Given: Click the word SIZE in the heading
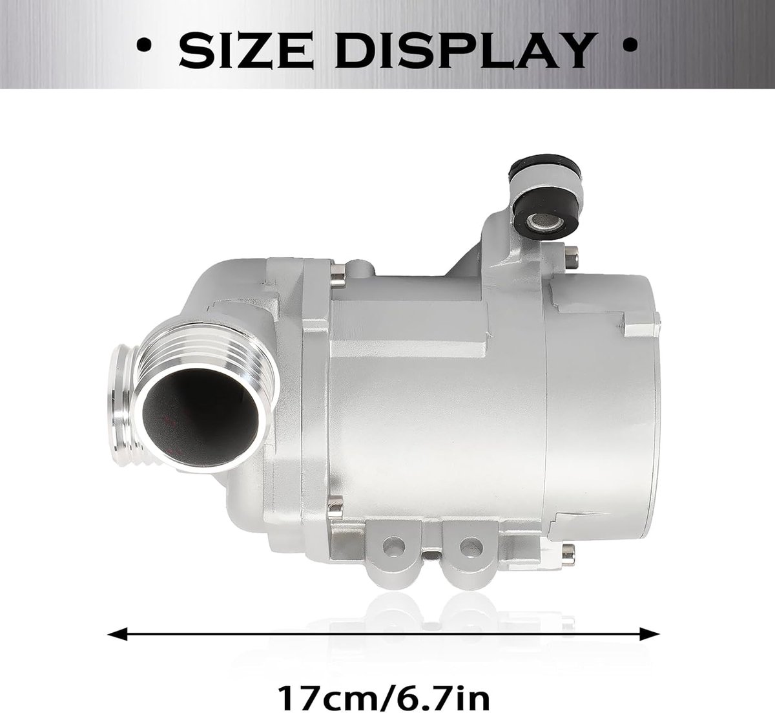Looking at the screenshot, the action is tap(245, 50).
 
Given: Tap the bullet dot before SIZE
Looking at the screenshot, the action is tap(145, 45).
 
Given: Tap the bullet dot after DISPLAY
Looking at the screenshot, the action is tap(630, 45).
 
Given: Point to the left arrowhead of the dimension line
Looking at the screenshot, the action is tap(117, 634).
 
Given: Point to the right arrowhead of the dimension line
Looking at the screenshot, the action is tap(650, 634).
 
